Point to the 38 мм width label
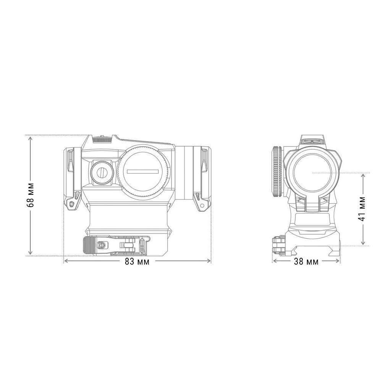(306, 262)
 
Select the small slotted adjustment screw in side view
(102, 172)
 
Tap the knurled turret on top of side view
(102, 139)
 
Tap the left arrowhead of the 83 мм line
(65, 261)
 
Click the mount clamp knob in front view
(277, 245)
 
